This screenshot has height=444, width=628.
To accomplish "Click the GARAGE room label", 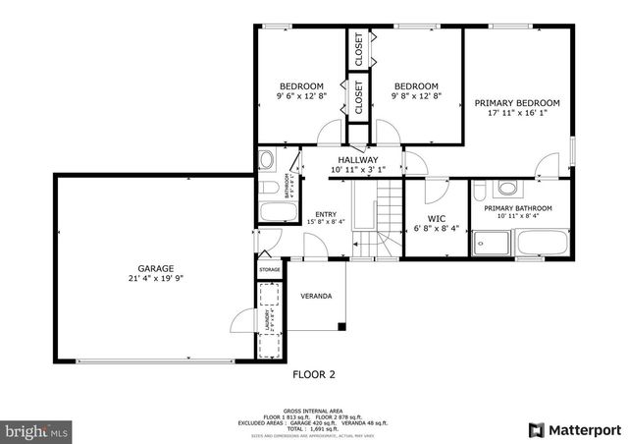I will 155,268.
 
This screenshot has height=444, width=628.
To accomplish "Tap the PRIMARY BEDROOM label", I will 517,103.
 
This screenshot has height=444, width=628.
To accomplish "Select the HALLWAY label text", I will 358,159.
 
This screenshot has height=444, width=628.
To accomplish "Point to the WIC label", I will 438,218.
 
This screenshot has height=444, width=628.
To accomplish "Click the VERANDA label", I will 316,296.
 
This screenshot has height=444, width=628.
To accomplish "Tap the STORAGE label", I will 269,269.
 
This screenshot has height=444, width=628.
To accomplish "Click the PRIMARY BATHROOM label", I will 517,208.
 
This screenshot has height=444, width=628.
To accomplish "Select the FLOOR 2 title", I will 314,374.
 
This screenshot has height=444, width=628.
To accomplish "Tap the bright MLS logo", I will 37,430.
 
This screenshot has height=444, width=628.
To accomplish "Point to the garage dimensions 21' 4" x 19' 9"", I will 155,279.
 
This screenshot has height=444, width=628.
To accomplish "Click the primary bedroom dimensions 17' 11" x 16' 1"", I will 517,114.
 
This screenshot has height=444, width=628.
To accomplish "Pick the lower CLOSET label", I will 358,98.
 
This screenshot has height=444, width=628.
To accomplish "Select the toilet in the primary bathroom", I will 507,188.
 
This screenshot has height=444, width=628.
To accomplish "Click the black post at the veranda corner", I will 340,326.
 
